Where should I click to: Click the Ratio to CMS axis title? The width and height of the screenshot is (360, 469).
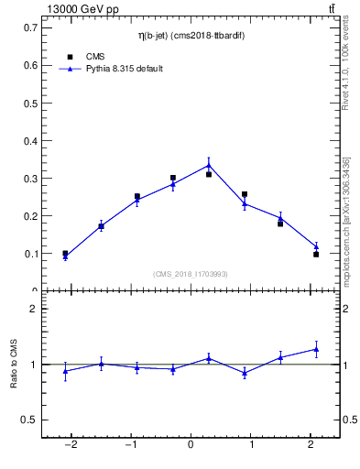[14, 365]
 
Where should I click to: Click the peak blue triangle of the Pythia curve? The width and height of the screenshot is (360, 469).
[209, 165]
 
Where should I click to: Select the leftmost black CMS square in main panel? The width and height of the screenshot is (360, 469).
[65, 254]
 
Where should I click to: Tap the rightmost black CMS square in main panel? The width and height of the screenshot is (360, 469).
[316, 255]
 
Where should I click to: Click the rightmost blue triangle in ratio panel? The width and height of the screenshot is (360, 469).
[316, 349]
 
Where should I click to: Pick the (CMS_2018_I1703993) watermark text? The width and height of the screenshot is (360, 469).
[191, 274]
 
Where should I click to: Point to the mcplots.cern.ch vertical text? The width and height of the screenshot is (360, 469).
[345, 220]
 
